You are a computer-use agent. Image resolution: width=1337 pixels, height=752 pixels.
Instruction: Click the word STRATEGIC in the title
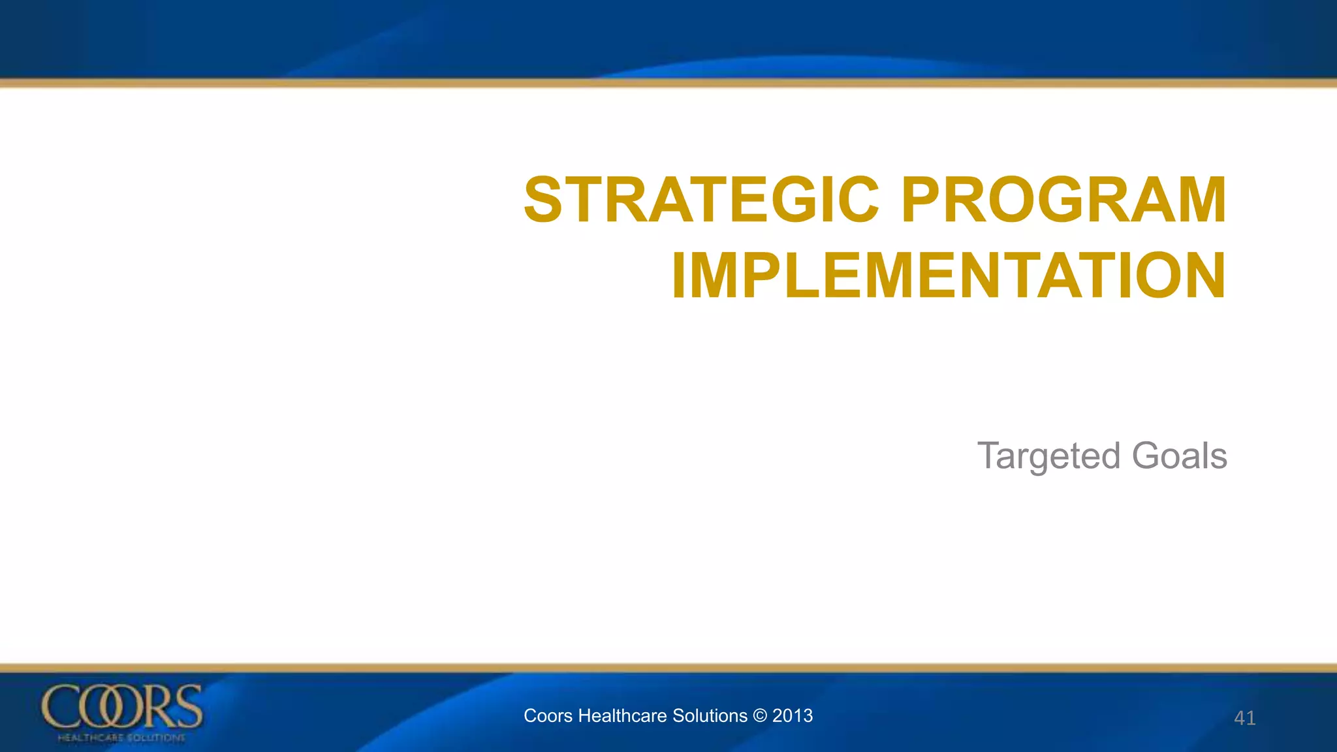coord(702,200)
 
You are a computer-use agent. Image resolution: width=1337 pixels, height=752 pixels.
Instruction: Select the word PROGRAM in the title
coord(1063,200)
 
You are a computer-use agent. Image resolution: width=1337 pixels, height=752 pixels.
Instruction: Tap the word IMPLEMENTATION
coord(949,276)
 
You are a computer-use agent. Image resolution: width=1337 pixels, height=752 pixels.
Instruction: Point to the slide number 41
coord(1244,718)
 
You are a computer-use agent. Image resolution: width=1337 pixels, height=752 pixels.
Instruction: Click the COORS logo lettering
coord(122,707)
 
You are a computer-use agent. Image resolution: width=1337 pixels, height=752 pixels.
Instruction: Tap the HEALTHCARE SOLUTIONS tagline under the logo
coord(121,738)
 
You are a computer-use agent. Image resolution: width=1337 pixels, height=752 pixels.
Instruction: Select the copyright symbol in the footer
coord(759,716)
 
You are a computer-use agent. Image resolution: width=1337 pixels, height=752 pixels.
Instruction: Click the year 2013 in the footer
coord(793,716)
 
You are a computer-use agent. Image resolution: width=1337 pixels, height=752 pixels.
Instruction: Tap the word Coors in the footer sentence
coord(548,716)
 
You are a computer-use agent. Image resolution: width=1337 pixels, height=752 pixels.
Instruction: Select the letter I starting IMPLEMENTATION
coord(679,276)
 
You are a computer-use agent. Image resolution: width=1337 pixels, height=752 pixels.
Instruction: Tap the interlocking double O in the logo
coord(106,708)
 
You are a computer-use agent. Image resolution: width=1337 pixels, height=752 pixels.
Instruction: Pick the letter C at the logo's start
coord(58,707)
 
